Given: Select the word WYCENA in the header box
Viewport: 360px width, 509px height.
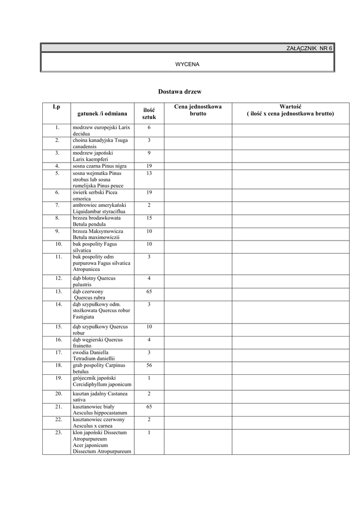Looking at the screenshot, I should tap(187, 65).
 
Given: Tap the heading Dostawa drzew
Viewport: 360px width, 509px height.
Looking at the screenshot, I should tap(180, 92).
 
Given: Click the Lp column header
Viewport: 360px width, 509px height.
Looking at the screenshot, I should tap(56, 107).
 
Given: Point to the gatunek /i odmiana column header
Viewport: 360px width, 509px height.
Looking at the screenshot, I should tap(102, 114).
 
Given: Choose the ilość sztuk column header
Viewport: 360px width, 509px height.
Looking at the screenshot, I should tap(149, 113).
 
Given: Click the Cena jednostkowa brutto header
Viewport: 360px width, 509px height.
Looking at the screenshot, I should tap(198, 110).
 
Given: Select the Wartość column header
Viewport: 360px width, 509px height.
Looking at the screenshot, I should tap(291, 110).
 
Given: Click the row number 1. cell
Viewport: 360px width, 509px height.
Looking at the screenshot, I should tap(58, 128).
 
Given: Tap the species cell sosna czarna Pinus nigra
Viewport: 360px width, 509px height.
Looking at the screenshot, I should tap(100, 166).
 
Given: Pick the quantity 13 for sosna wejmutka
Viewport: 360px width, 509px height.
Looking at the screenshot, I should tap(149, 173).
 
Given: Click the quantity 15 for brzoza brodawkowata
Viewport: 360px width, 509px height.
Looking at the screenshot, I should tap(149, 218).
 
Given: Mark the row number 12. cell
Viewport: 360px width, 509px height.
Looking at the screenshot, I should tap(58, 278).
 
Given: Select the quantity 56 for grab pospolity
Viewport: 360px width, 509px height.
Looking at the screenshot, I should tap(149, 365).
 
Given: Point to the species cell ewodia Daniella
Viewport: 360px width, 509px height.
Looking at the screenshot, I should tap(94, 355).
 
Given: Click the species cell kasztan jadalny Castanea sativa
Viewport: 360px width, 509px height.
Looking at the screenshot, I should tap(100, 396).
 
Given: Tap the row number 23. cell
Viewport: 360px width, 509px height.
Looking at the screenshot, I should tap(58, 432).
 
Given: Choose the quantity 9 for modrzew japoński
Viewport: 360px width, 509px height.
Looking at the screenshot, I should tap(149, 153).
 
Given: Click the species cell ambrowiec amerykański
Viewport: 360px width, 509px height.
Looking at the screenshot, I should tap(100, 208).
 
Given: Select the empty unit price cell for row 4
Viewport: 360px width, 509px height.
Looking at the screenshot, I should tap(198, 166).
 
